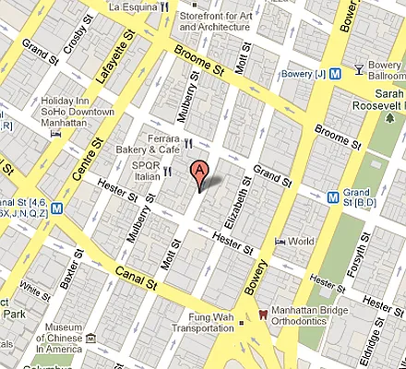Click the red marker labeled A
coord(198,172)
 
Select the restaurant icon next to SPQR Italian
coord(167,170)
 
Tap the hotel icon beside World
coord(280,242)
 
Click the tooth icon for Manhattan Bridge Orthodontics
coord(265,314)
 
